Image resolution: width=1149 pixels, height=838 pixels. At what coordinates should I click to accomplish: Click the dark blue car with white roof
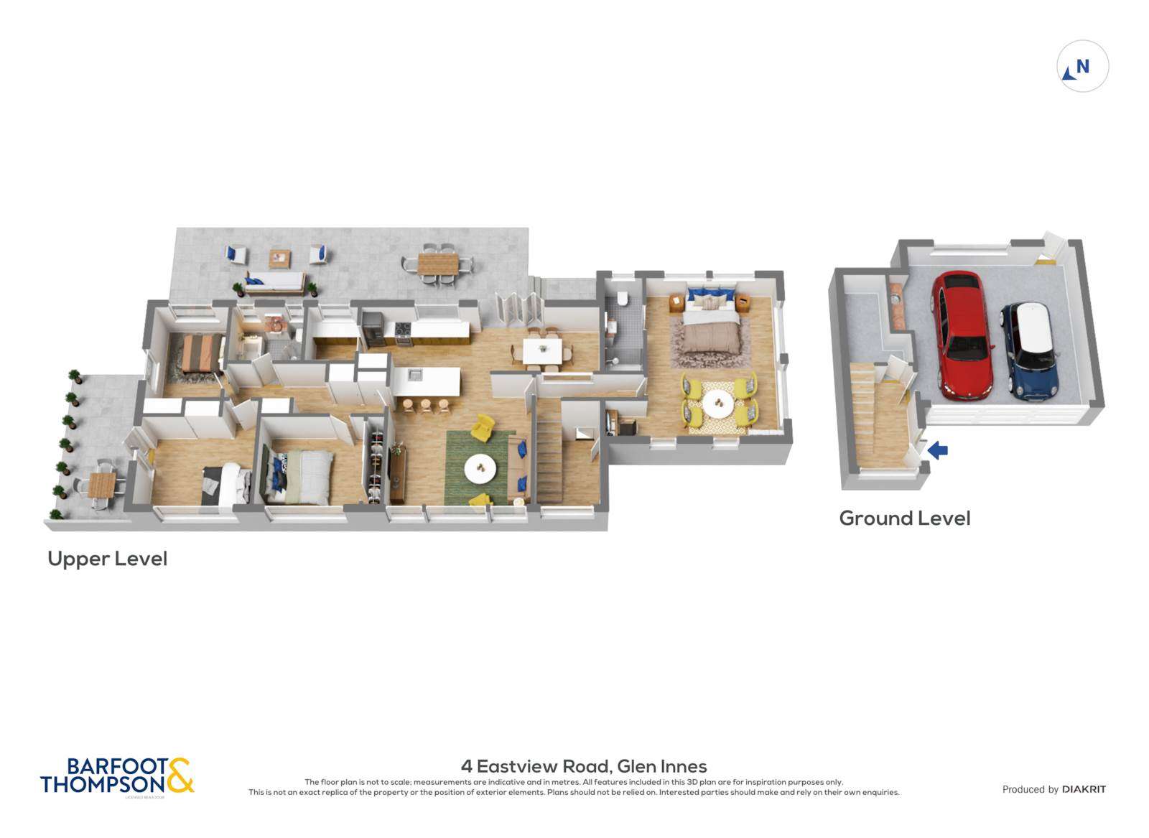tap(1030, 349)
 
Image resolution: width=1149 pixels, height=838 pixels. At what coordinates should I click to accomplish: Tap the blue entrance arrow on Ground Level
tap(937, 450)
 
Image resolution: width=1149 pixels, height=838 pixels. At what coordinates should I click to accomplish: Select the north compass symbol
tap(1082, 67)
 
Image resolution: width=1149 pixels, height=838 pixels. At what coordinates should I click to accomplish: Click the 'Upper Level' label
tap(107, 559)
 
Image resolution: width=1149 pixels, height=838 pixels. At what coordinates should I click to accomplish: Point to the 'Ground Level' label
tap(904, 518)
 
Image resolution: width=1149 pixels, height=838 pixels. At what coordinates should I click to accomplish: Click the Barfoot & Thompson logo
tap(117, 776)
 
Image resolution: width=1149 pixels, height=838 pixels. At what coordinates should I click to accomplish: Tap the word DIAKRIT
tap(1084, 789)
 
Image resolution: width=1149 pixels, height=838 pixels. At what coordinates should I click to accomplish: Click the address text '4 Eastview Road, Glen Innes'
tap(583, 766)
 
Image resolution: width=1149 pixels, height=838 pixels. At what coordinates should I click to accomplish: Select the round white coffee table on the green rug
tap(480, 470)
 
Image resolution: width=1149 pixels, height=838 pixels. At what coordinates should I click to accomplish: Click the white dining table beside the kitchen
tap(543, 351)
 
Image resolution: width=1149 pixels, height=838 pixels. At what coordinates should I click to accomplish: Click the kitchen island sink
tap(415, 374)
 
